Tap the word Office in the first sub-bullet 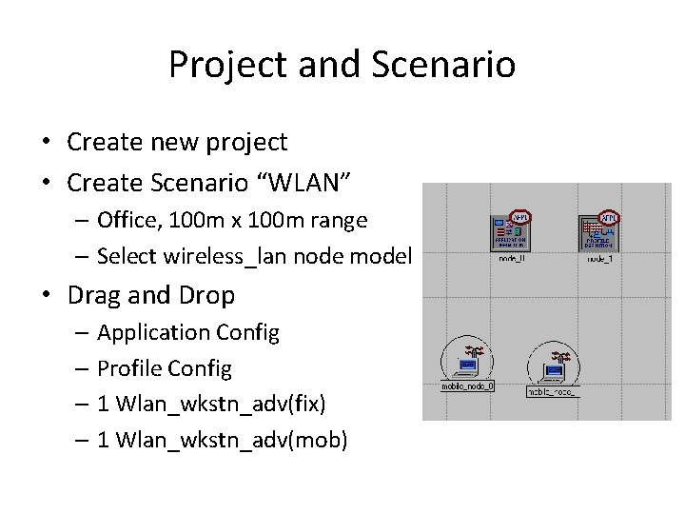point(127,220)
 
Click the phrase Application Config point(187,332)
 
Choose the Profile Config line point(164,368)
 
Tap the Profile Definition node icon point(598,231)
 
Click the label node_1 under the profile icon point(599,259)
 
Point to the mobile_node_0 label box point(467,386)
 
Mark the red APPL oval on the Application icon point(519,216)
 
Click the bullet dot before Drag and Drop point(46,296)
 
